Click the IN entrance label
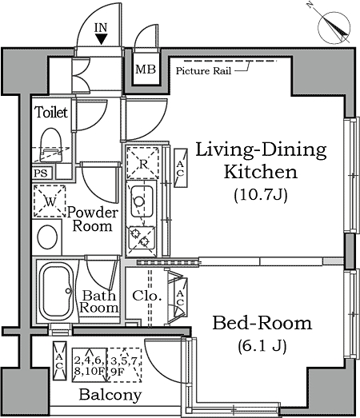coord(101,28)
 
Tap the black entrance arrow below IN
coord(102,39)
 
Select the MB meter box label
coord(146,70)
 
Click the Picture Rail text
coord(203,71)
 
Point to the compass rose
coord(334,28)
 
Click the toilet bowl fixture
coord(51,145)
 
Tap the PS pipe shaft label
coord(41,173)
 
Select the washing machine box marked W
coord(50,201)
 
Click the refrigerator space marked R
coord(142,163)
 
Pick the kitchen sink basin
coord(142,201)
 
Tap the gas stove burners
coord(141,238)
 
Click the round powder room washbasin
coord(47,237)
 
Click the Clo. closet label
coord(147,296)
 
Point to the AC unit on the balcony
coord(59,361)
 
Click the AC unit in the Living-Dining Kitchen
coord(181,168)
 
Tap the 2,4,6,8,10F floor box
coord(90,365)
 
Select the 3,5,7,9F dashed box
coord(124,365)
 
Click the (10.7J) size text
coord(261,195)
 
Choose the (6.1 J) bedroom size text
coord(262,346)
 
